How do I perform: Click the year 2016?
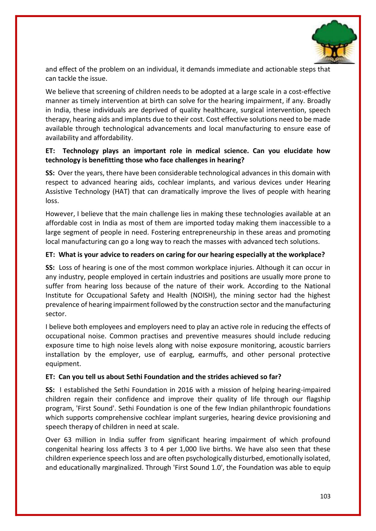pyautogui.click(x=185, y=390)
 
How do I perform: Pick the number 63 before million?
pyautogui.click(x=68, y=440)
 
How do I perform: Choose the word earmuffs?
pyautogui.click(x=215, y=355)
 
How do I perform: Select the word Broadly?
pyautogui.click(x=319, y=101)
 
